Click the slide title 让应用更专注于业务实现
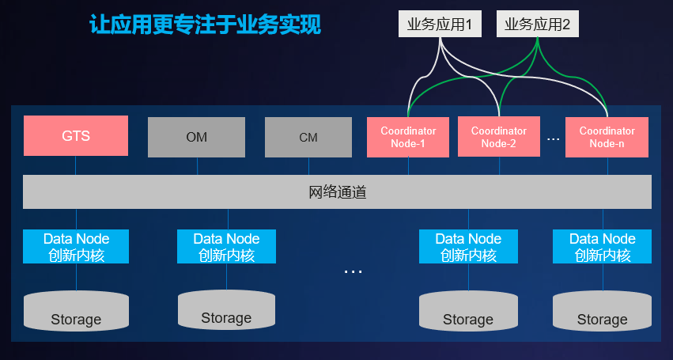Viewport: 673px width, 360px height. tap(205, 25)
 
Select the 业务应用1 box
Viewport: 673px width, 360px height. tap(439, 25)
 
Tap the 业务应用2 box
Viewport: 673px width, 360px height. tap(538, 25)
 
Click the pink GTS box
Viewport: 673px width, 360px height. tap(76, 136)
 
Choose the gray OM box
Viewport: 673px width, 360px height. tap(197, 137)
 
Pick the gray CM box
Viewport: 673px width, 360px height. tap(308, 137)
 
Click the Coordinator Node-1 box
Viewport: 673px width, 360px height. tap(408, 137)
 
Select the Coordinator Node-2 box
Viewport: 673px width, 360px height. tap(499, 137)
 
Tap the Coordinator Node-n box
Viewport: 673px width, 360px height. tap(607, 137)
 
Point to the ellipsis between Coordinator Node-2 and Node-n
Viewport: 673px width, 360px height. tap(553, 139)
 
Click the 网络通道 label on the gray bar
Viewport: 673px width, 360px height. tap(337, 192)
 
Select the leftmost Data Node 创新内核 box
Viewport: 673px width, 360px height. tap(76, 247)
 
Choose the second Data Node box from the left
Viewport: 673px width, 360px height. tap(226, 247)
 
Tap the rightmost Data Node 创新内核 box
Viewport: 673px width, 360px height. tap(603, 247)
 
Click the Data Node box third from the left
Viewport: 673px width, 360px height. tap(468, 247)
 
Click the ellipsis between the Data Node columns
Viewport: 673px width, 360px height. tap(353, 271)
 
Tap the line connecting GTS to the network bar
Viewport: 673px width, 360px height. tap(76, 165)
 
